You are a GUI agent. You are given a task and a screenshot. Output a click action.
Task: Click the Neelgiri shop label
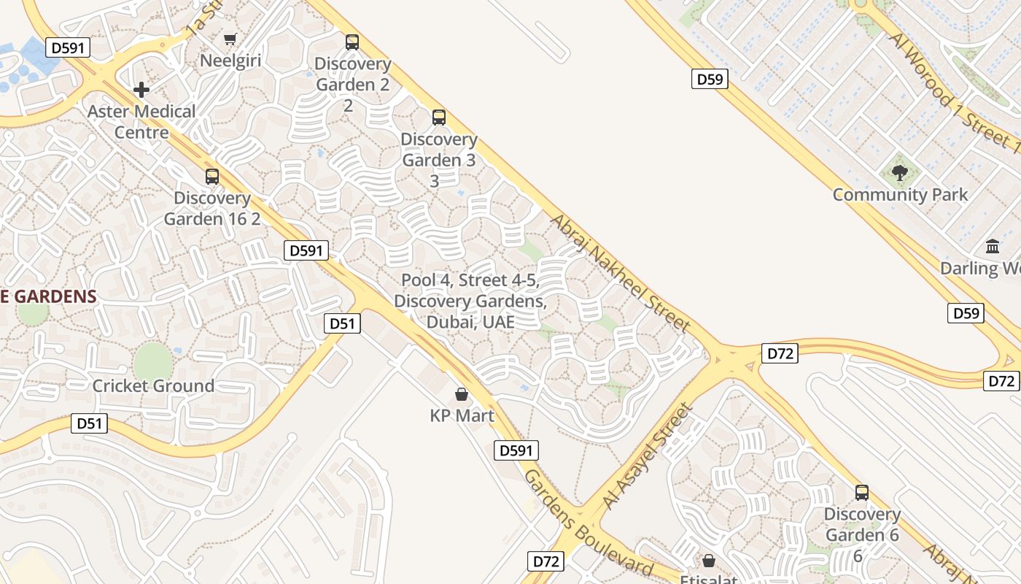tap(230, 61)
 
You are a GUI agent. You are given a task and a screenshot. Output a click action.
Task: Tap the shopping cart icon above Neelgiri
tap(230, 39)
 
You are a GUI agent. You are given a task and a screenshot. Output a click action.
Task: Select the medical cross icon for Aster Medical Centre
tap(141, 90)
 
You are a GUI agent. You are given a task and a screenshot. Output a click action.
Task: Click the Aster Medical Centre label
tap(141, 122)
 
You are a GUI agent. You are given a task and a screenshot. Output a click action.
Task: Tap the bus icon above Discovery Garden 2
tap(352, 42)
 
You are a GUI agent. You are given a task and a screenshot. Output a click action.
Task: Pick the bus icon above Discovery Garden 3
tap(439, 118)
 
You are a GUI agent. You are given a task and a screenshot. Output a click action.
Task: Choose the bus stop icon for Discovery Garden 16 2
tap(212, 177)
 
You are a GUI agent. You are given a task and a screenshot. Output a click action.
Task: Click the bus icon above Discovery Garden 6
tap(862, 493)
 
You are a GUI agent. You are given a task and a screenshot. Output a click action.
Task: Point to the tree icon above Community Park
tap(900, 173)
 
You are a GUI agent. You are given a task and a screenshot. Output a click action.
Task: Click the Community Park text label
tap(900, 195)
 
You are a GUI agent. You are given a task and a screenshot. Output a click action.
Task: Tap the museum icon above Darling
tap(993, 247)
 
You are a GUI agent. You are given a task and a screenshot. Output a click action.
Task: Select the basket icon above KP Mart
tap(462, 395)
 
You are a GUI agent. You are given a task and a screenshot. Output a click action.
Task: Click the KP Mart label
tap(462, 416)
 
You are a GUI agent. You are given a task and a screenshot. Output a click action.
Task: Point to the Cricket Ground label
tap(153, 386)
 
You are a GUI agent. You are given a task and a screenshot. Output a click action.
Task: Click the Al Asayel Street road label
tap(647, 457)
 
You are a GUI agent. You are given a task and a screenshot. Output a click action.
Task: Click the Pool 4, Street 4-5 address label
tap(470, 301)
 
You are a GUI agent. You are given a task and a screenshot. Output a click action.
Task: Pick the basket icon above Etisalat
tap(709, 561)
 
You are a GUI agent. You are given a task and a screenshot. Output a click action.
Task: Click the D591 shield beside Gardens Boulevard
tap(516, 450)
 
